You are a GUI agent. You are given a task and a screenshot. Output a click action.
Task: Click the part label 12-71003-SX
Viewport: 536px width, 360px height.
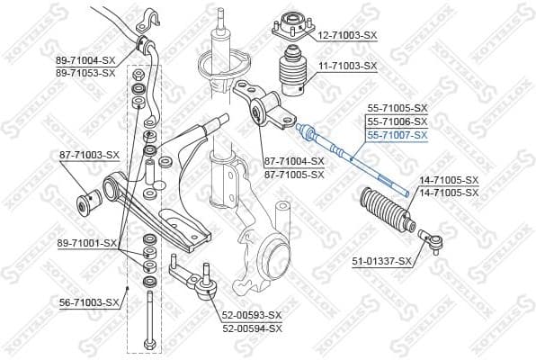(x=346, y=34)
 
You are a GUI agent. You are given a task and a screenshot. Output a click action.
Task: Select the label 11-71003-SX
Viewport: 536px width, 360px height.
(x=346, y=67)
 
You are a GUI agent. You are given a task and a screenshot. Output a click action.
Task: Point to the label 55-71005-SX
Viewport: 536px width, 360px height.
(x=397, y=108)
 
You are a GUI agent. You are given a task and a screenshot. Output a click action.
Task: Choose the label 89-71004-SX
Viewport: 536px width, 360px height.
(x=85, y=60)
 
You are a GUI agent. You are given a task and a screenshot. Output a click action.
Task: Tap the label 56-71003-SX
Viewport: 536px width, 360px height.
(x=88, y=302)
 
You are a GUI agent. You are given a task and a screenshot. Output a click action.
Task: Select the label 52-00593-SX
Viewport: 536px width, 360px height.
(x=252, y=315)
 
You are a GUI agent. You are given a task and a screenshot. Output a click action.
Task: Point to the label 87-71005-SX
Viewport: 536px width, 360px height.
(x=293, y=175)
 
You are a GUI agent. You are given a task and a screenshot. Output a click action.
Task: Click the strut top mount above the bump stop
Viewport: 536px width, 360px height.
(x=293, y=28)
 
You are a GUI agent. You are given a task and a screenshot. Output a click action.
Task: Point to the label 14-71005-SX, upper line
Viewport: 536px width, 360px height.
(x=449, y=181)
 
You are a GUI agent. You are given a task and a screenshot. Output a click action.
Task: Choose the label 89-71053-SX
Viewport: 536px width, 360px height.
(x=85, y=72)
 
